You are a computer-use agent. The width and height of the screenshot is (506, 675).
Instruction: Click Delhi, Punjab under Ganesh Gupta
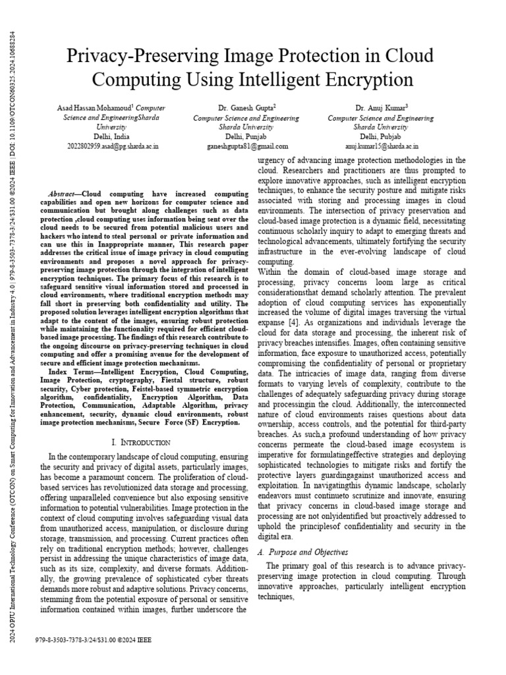tap(246, 136)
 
